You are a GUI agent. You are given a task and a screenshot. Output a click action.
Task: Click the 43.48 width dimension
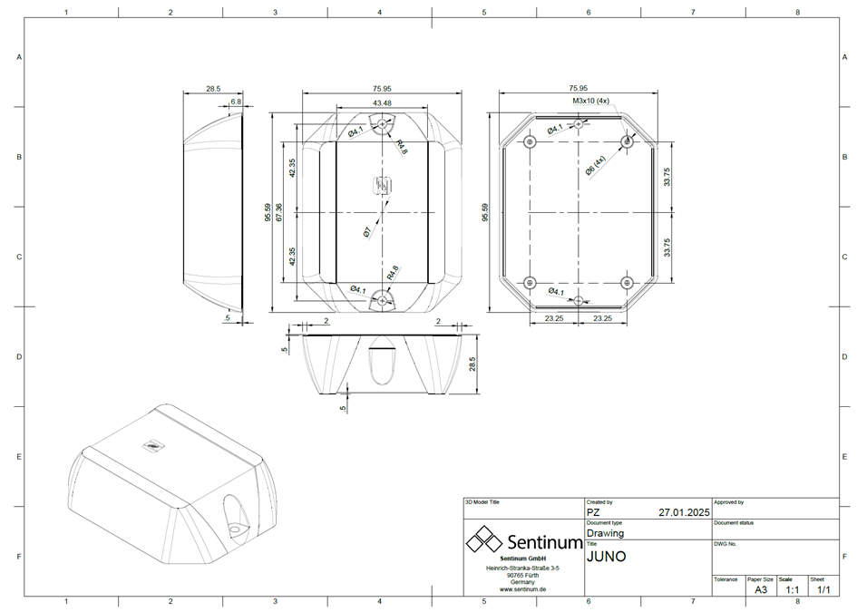tap(381, 103)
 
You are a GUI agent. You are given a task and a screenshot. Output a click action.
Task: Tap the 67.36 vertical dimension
tap(279, 211)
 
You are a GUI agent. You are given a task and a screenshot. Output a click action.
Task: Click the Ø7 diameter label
tap(367, 232)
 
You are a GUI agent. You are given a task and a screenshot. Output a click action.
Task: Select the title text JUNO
tap(607, 556)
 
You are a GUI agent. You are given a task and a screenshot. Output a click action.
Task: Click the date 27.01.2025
tap(684, 512)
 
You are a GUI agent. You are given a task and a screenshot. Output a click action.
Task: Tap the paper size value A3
tap(760, 589)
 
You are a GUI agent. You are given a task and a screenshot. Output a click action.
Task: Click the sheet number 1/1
tap(823, 589)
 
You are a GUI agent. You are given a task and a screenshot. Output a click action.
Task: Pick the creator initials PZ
tap(595, 512)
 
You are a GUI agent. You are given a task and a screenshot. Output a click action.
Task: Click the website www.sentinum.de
tap(522, 589)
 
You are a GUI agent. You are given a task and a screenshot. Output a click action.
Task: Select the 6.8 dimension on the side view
tap(236, 102)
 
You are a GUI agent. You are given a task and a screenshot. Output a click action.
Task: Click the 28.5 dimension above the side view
tap(212, 90)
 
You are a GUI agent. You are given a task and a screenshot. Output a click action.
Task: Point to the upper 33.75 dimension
tap(667, 177)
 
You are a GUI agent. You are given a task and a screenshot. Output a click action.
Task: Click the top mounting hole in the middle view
tap(382, 125)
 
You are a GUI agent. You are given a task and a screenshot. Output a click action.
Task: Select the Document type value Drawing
tap(606, 533)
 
